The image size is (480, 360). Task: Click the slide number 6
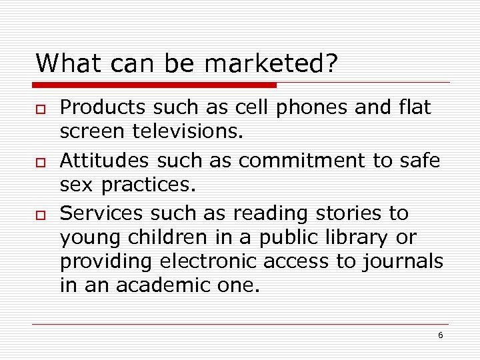(x=440, y=335)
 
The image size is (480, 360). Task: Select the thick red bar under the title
(x=155, y=85)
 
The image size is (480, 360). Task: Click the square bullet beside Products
(x=41, y=109)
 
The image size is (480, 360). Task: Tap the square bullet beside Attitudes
(x=41, y=162)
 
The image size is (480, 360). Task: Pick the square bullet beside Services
(x=41, y=215)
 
